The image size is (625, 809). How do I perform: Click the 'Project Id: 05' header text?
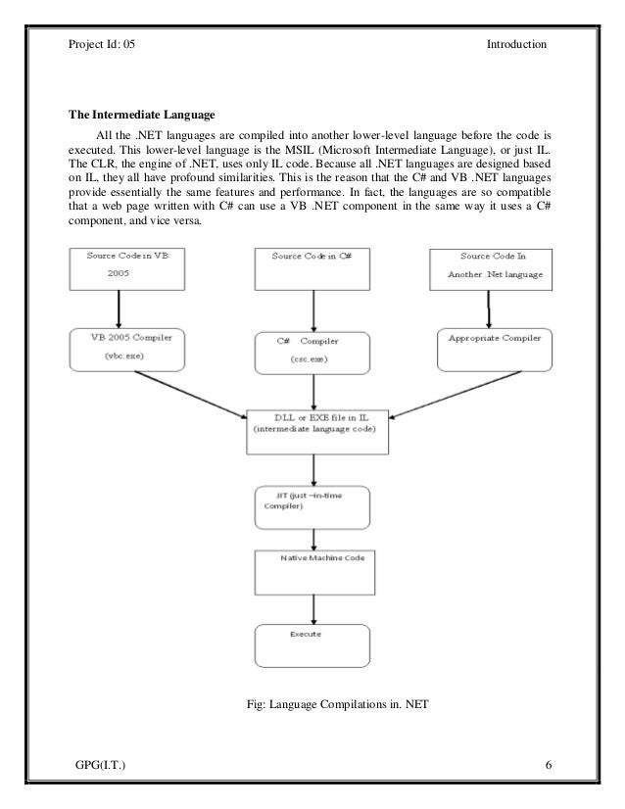tap(102, 44)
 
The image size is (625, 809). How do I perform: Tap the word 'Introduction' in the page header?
tap(516, 44)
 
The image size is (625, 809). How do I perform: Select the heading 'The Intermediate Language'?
tap(141, 115)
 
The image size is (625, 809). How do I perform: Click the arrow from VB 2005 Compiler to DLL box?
tap(191, 395)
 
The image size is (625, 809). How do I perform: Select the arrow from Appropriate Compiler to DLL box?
tap(455, 395)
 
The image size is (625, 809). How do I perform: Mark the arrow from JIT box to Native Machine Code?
tap(313, 541)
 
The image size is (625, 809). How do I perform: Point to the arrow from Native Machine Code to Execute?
tap(313, 610)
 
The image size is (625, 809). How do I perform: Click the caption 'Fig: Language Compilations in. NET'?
tap(338, 704)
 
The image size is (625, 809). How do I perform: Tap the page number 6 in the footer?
tap(549, 765)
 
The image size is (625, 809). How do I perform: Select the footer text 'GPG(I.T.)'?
tap(100, 765)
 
